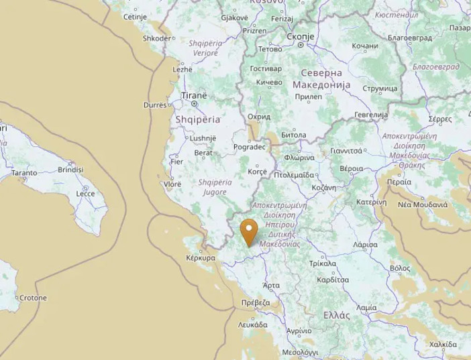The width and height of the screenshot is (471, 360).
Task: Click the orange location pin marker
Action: pos(249,231)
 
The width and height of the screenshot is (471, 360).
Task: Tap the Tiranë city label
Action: pos(195,95)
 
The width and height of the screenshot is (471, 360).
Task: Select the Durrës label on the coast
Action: pos(154,105)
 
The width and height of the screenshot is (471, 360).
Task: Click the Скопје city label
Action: pos(300,36)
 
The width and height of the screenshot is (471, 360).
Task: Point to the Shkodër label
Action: pos(157,38)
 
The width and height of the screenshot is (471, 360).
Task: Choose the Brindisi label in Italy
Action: pos(70,170)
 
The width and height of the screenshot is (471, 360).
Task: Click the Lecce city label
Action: pos(85,194)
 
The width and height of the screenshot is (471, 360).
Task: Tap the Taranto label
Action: pos(24,173)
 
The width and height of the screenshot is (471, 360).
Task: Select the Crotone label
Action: pos(33,298)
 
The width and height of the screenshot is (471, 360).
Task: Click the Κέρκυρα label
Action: pos(200,257)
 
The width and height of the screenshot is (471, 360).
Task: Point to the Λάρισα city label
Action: pos(365,245)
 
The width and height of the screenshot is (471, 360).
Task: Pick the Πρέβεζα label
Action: pos(256,303)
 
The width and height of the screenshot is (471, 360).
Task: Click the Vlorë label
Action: pos(172,184)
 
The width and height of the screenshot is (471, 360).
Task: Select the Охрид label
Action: pos(259,117)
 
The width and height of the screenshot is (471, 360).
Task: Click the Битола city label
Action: pos(293,135)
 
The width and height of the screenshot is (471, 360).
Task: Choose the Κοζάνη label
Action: pos(323,188)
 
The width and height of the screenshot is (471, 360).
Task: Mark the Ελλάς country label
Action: pos(336,315)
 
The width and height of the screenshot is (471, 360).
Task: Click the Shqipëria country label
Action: pos(197,119)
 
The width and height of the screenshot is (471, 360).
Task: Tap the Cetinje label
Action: pos(135,17)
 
